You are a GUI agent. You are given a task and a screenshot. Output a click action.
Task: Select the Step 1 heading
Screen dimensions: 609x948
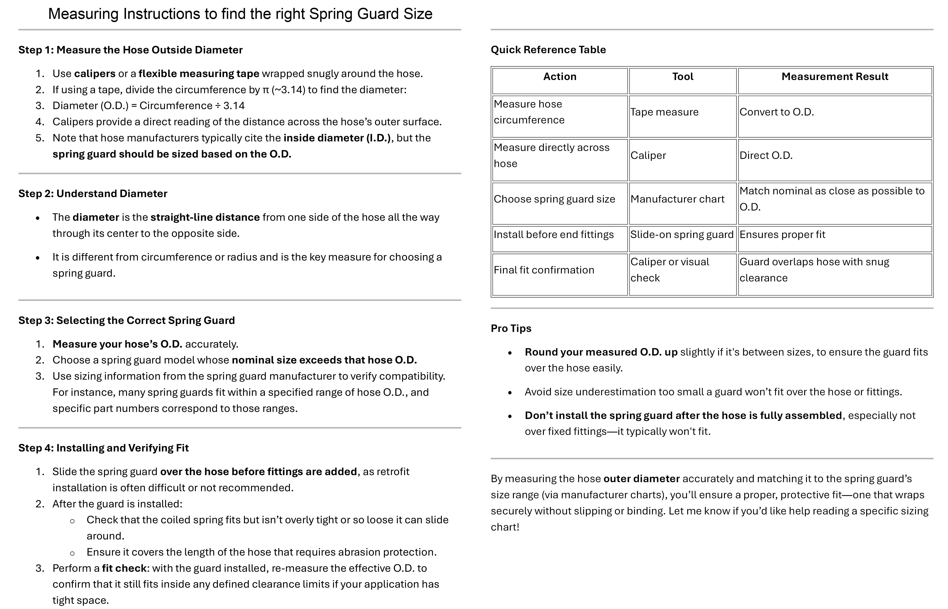tap(130, 50)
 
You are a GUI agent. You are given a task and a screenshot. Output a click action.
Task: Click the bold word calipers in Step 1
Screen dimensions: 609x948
tap(95, 74)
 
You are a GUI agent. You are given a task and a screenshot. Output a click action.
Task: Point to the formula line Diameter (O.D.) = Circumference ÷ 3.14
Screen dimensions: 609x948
tap(149, 105)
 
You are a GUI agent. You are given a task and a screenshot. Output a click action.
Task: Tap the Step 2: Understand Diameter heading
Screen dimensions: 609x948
tap(93, 193)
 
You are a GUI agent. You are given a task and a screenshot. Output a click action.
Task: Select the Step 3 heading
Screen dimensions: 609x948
tap(127, 320)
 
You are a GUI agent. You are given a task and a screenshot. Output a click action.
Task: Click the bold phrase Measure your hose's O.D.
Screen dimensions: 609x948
tap(117, 344)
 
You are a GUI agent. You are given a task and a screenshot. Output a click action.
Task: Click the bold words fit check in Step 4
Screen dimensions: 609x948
tap(124, 568)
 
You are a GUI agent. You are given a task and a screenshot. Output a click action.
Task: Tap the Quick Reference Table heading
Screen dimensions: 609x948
tap(548, 50)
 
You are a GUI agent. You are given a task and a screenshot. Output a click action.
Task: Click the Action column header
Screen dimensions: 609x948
tap(560, 77)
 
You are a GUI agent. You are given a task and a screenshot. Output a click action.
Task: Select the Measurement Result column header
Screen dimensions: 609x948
tap(835, 77)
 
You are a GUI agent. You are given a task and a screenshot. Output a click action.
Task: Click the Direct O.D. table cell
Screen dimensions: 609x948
tap(766, 155)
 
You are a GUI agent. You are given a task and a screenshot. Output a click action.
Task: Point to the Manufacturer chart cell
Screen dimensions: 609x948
tap(677, 199)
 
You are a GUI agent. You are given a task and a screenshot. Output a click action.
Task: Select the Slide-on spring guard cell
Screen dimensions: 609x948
tap(682, 235)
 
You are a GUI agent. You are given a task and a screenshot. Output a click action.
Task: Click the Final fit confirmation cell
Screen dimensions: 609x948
tap(544, 270)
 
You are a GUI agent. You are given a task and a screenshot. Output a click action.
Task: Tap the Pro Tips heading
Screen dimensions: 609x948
tap(511, 329)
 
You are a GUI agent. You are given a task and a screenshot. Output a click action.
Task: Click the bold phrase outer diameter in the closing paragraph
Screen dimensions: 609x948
tap(641, 479)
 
